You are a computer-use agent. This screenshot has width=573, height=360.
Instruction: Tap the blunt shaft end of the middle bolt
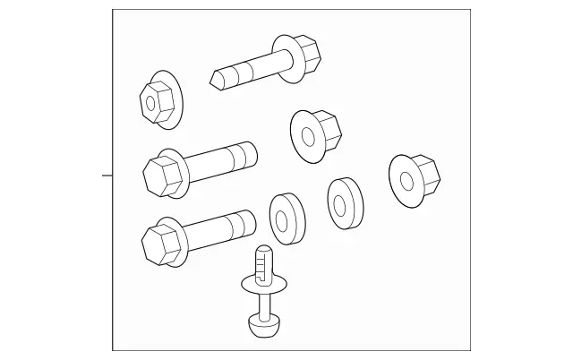coord(252,156)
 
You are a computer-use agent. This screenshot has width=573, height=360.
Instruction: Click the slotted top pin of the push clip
coord(261,261)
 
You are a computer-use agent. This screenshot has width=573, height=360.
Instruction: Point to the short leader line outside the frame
coord(107,176)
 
